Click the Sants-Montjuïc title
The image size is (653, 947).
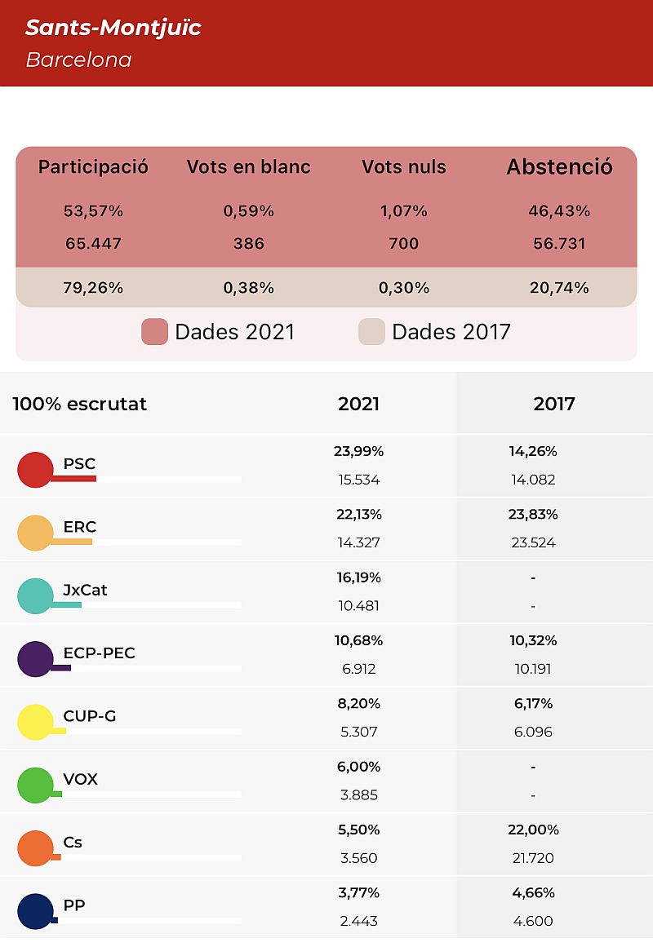tap(113, 28)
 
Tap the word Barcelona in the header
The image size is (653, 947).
tap(78, 60)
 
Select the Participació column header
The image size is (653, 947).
tap(93, 166)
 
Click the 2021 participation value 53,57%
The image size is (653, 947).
tap(93, 211)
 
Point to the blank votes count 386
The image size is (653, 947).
tap(248, 243)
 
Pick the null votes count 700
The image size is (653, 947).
tap(404, 243)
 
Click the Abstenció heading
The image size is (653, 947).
tap(559, 166)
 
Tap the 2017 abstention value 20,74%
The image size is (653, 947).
tap(559, 287)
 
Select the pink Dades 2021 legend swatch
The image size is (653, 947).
tap(155, 331)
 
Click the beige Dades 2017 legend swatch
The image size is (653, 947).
tap(372, 331)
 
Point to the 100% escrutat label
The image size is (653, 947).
tap(79, 404)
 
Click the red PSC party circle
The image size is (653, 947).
tap(35, 469)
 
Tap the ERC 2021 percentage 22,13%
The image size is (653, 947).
tap(359, 514)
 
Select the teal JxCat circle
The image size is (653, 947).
tap(35, 595)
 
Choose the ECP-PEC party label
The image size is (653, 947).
tap(99, 653)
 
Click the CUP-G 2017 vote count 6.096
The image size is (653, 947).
tap(533, 732)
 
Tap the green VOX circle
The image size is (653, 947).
tap(35, 785)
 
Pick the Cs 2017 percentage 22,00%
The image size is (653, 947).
tap(533, 830)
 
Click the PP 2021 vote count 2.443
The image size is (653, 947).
tap(359, 921)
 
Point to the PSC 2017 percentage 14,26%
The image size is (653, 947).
tap(533, 451)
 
